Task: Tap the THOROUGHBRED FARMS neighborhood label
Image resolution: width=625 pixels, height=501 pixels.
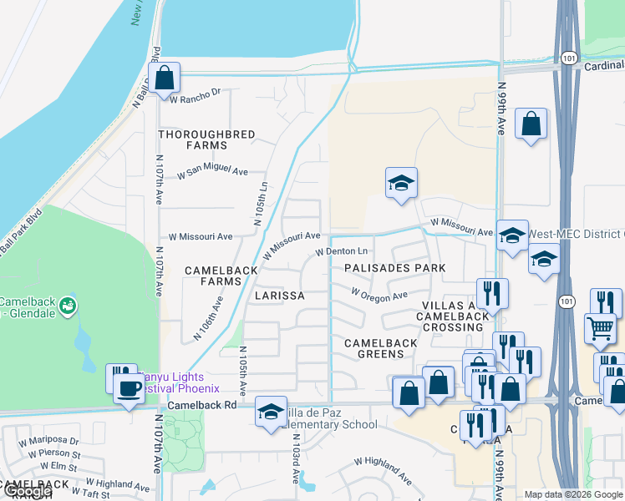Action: (193, 139)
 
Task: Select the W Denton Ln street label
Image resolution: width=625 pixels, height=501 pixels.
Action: (341, 251)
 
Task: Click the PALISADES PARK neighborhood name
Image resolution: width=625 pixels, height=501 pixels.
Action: (394, 268)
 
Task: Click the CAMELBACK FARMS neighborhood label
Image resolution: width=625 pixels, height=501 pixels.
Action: (213, 276)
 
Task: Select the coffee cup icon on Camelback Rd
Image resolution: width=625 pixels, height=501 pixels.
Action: (129, 388)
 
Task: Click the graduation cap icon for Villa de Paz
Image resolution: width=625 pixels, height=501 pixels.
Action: (271, 411)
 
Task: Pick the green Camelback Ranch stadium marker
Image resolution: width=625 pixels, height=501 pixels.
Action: (69, 306)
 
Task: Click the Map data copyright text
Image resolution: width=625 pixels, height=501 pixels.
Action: (573, 494)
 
